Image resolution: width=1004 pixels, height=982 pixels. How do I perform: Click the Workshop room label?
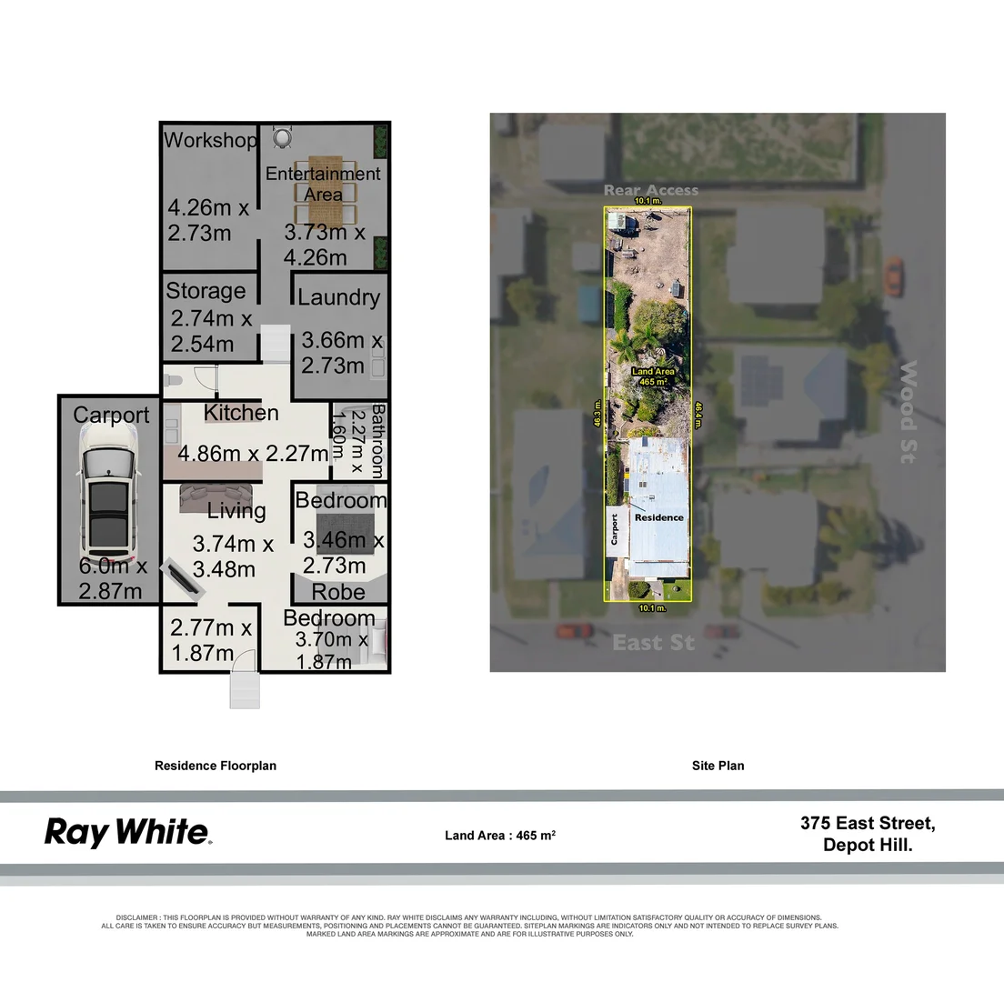(210, 141)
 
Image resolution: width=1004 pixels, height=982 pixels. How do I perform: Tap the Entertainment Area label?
(323, 184)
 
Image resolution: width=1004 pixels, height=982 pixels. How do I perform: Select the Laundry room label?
(338, 297)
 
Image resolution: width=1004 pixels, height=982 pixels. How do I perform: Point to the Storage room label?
(206, 291)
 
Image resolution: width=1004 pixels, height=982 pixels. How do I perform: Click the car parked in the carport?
(109, 500)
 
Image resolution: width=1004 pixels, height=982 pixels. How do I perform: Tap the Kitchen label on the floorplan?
(241, 413)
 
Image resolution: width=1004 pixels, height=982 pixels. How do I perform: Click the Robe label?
(338, 592)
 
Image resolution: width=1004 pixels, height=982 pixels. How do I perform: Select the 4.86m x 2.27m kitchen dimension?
(253, 453)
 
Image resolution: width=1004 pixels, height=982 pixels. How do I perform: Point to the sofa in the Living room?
(209, 495)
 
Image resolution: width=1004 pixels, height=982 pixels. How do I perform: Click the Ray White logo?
(127, 832)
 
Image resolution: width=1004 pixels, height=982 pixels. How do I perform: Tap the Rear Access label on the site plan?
(651, 190)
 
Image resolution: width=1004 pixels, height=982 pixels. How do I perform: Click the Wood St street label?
(908, 412)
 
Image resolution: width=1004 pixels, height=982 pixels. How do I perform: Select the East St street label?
(653, 643)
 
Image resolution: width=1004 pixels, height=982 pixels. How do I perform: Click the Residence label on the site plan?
(658, 517)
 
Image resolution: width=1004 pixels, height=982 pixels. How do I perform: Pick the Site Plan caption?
(718, 766)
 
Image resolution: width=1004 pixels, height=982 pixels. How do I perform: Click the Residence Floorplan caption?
(216, 766)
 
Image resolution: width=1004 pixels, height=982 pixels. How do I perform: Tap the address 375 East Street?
(868, 824)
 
